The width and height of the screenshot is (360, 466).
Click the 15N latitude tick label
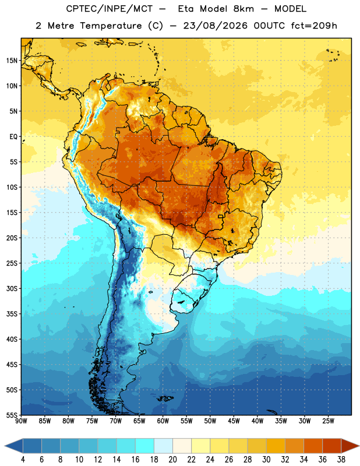[x=12, y=61]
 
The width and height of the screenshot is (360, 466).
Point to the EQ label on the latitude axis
[x=13, y=137]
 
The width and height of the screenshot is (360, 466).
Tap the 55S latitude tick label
[x=12, y=415]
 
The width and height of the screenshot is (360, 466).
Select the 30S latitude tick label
[x=12, y=288]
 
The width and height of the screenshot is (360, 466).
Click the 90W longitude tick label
[x=21, y=421]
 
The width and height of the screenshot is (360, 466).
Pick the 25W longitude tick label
[x=328, y=421]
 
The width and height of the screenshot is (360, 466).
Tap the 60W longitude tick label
[x=163, y=421]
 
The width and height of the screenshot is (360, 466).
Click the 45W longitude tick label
[x=234, y=421]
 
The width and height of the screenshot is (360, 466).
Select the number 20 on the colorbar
[x=172, y=460]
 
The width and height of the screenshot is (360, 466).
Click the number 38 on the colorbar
[x=341, y=460]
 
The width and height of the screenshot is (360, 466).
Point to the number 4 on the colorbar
[x=23, y=460]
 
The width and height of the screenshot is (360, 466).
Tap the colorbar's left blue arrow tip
[x=5, y=446]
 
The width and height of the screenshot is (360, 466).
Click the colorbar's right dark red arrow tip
[x=359, y=446]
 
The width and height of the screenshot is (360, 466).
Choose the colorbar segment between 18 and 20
[x=163, y=446]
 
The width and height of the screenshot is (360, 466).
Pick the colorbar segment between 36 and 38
[x=332, y=446]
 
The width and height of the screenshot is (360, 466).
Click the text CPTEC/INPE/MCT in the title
[x=110, y=9]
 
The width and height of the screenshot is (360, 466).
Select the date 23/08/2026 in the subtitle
[x=215, y=26]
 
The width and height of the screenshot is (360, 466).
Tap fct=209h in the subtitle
[x=314, y=26]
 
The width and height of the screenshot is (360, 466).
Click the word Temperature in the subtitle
[x=111, y=26]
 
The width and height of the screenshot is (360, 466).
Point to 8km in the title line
[x=243, y=9]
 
